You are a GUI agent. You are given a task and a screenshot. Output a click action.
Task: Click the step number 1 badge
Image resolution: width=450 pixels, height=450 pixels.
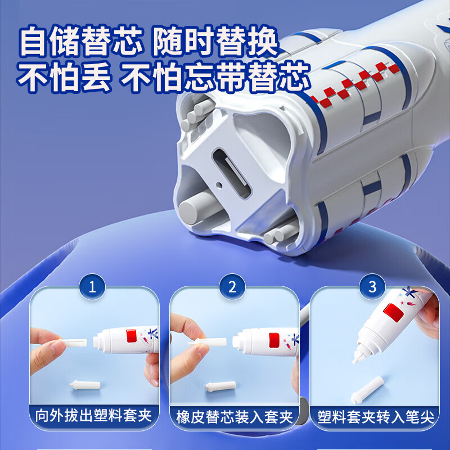pyautogui.click(x=92, y=287)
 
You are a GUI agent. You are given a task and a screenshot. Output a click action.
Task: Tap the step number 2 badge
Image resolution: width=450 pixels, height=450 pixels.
pyautogui.click(x=232, y=287)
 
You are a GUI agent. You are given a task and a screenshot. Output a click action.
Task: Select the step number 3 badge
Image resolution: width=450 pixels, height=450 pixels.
pyautogui.click(x=372, y=287)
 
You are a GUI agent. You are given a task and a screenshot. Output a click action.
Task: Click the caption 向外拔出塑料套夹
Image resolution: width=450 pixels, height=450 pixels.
pyautogui.click(x=93, y=416)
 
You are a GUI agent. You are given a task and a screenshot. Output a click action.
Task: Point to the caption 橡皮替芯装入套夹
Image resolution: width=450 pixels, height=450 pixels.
pyautogui.click(x=234, y=417)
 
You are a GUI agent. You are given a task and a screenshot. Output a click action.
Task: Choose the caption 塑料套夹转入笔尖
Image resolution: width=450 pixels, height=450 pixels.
pyautogui.click(x=375, y=417)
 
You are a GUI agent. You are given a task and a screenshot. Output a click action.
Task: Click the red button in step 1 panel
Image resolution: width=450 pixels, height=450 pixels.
pyautogui.click(x=131, y=336)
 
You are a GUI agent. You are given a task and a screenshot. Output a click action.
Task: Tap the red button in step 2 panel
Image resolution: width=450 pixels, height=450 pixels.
pyautogui.click(x=274, y=340)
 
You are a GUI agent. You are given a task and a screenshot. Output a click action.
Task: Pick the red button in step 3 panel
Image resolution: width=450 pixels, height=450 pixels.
pyautogui.click(x=393, y=313)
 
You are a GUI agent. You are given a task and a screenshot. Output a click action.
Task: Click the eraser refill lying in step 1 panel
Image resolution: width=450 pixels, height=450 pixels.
pyautogui.click(x=85, y=385)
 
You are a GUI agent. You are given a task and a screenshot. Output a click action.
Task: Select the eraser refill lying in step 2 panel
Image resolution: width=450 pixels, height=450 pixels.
pyautogui.click(x=220, y=386)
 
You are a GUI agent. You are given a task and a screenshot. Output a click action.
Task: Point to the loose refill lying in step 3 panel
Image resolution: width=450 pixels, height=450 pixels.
pyautogui.click(x=367, y=390)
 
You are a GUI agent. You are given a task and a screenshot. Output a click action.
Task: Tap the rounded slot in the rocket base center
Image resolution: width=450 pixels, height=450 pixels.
pyautogui.click(x=232, y=173)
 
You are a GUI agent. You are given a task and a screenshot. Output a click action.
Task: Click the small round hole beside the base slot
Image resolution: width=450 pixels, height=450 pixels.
pyautogui.click(x=219, y=184)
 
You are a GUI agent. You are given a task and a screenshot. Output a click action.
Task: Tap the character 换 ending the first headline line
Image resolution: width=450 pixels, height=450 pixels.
pyautogui.click(x=262, y=42)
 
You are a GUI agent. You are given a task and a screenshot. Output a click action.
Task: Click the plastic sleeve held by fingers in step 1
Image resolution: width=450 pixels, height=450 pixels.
pyautogui.click(x=74, y=343)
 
